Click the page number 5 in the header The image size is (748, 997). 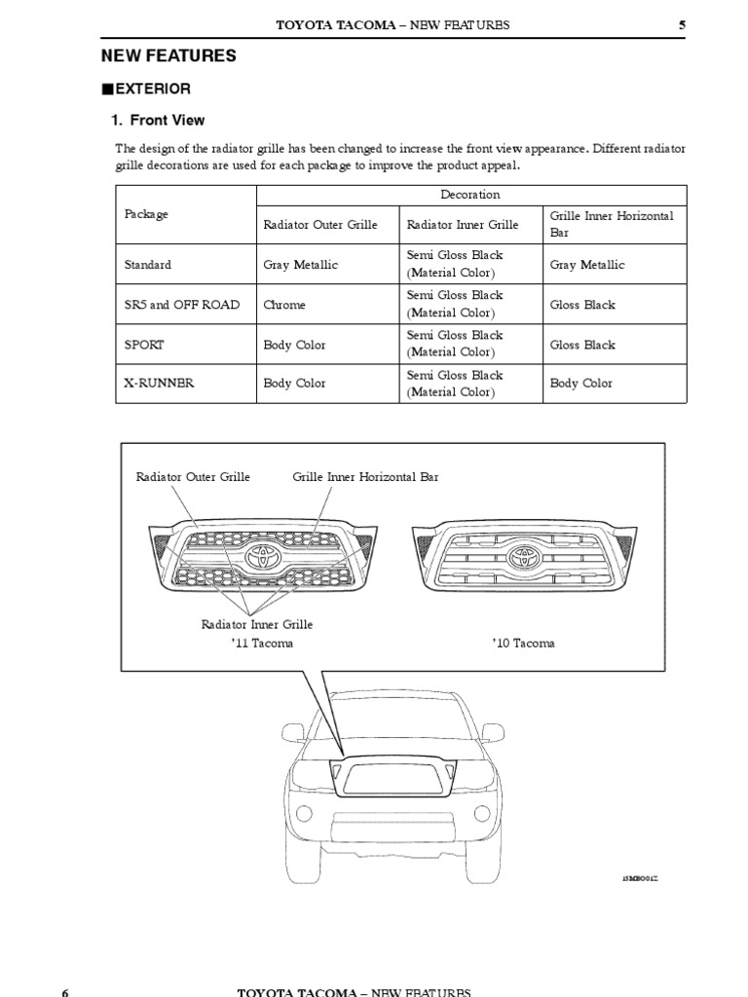click(x=683, y=24)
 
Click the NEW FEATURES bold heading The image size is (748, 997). click(x=169, y=56)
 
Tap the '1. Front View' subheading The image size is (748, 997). click(x=157, y=121)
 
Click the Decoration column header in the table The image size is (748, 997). click(x=470, y=195)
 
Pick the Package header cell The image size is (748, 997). click(x=146, y=214)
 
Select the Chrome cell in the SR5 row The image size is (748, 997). click(x=284, y=305)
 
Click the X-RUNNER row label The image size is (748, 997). click(x=159, y=383)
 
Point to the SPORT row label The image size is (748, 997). click(x=144, y=345)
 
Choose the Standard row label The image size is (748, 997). click(x=148, y=265)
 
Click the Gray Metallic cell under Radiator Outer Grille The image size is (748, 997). click(x=298, y=265)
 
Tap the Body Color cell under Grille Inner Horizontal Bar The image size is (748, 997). click(x=581, y=383)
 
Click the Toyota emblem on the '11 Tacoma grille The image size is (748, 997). click(x=263, y=556)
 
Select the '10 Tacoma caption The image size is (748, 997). click(x=524, y=644)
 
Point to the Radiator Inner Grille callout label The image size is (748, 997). click(x=257, y=624)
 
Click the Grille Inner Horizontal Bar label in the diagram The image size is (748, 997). click(x=365, y=477)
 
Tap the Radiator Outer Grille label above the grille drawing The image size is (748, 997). click(x=193, y=477)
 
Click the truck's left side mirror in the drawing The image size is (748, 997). click(x=293, y=731)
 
